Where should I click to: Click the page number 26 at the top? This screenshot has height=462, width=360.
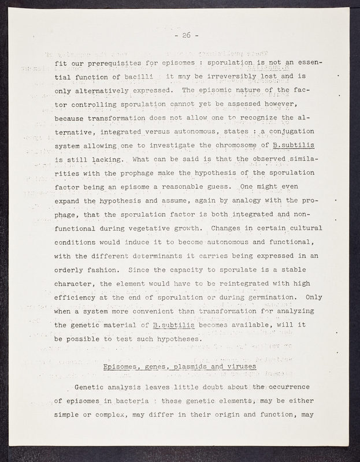185,36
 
